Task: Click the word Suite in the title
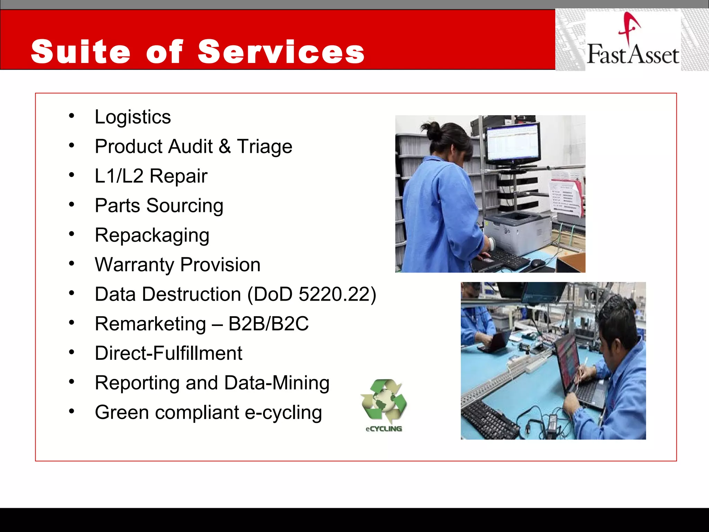[x=80, y=52]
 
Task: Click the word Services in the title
[x=281, y=52]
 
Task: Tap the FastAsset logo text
[x=633, y=55]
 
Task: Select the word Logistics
[x=133, y=117]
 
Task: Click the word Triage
[x=264, y=147]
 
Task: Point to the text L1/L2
[x=119, y=176]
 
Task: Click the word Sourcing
[x=185, y=206]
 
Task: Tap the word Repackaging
[x=152, y=236]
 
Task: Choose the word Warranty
[x=134, y=265]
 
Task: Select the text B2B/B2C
[x=268, y=324]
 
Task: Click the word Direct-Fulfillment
[x=168, y=353]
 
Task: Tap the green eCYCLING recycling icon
[x=384, y=404]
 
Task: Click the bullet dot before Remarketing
[x=71, y=323]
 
